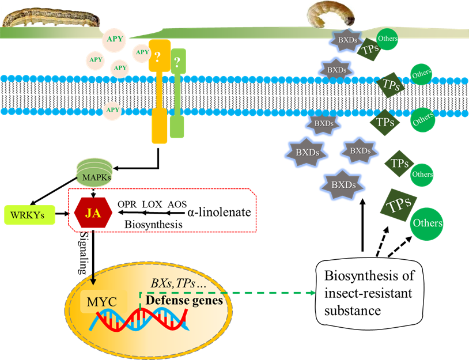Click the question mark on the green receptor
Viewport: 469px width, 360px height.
coord(177,60)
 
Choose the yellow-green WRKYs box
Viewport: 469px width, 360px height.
coord(29,216)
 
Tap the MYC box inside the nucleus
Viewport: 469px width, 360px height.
coord(101,301)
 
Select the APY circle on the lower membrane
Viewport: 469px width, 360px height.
coord(113,110)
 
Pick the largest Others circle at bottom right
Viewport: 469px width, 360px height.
coord(427,223)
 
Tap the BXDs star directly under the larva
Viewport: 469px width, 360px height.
coord(345,41)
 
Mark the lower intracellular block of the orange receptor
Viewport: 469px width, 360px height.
coord(159,124)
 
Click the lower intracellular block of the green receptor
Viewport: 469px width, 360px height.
coord(177,126)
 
